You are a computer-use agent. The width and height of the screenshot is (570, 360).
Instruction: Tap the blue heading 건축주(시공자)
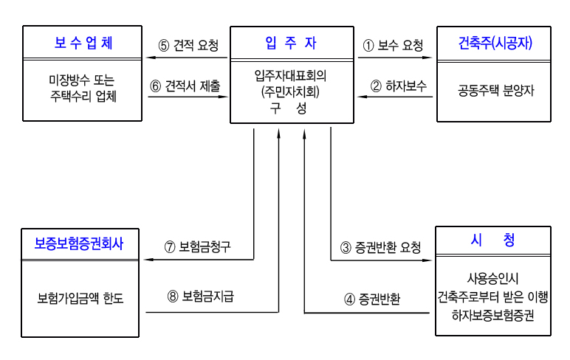pyautogui.click(x=495, y=43)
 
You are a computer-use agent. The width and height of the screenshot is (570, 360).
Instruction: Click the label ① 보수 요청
pyautogui.click(x=393, y=45)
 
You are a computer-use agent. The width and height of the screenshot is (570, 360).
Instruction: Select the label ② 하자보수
pyautogui.click(x=398, y=86)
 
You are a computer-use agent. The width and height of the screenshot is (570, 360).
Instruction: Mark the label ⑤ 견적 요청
pyautogui.click(x=188, y=45)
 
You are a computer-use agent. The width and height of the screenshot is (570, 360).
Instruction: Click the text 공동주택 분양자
pyautogui.click(x=495, y=91)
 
